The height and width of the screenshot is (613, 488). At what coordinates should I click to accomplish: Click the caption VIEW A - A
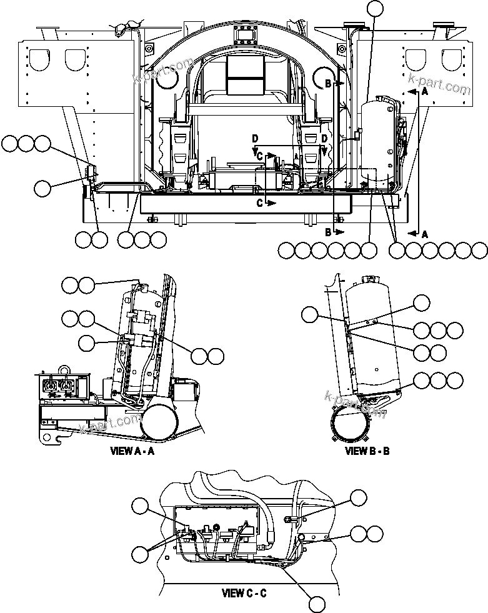click(x=132, y=451)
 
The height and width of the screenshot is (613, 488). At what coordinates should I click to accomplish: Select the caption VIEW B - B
click(x=367, y=451)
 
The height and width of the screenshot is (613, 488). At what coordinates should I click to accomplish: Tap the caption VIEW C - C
click(x=244, y=593)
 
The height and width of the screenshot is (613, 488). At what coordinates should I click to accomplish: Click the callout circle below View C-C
click(x=317, y=603)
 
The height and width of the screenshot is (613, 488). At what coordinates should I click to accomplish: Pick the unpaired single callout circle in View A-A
click(x=87, y=342)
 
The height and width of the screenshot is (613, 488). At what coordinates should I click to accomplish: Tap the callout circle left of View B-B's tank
click(x=309, y=315)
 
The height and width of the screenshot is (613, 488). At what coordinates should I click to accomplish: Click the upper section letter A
click(x=426, y=91)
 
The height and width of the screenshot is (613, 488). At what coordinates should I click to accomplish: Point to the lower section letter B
click(x=328, y=232)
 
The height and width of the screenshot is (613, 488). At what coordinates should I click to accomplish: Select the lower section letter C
click(x=259, y=202)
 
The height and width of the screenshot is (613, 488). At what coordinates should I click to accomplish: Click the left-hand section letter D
click(x=254, y=137)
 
